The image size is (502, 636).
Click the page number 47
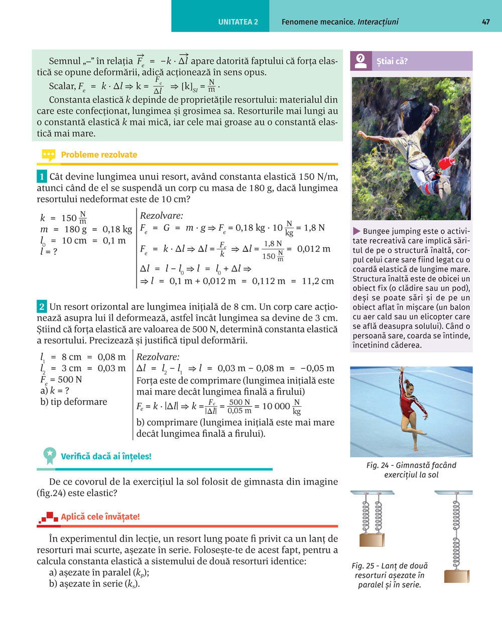[x=485, y=22]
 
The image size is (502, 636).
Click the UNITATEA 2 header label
[x=238, y=22]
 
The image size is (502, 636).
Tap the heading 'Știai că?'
[x=392, y=61]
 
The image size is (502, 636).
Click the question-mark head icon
[x=360, y=61]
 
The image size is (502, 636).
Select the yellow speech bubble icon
[x=48, y=155]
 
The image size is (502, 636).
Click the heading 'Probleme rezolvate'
[x=99, y=154]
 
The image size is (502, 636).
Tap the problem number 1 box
[x=42, y=177]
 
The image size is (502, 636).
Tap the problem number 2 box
[x=42, y=306]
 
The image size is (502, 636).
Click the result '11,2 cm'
[x=318, y=281]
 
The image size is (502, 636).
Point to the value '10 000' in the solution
[x=276, y=406]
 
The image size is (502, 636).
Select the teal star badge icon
[x=49, y=455]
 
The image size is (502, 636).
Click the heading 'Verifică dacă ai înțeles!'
[x=106, y=456]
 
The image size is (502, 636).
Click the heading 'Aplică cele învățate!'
[x=100, y=517]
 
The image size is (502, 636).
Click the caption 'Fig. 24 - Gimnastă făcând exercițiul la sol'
[x=411, y=470]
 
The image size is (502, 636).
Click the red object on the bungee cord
[x=447, y=163]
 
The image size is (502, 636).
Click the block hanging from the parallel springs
[x=372, y=540]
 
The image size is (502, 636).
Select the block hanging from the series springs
[x=457, y=576]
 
